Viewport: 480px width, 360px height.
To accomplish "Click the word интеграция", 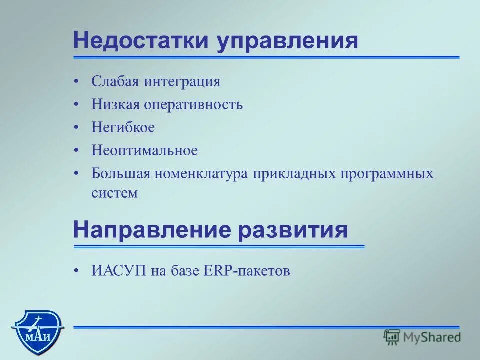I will (182, 81).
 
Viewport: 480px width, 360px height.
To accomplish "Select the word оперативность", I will (193, 104).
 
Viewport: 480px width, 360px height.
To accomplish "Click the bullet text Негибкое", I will (123, 127).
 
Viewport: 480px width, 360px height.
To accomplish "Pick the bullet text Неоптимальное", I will (144, 150).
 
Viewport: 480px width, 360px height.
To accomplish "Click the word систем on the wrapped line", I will (114, 193).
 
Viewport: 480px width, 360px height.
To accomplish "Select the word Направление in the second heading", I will (152, 230).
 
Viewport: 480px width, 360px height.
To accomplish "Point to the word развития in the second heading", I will (292, 230).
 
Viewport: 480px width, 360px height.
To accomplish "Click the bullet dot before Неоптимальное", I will (76, 150).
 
